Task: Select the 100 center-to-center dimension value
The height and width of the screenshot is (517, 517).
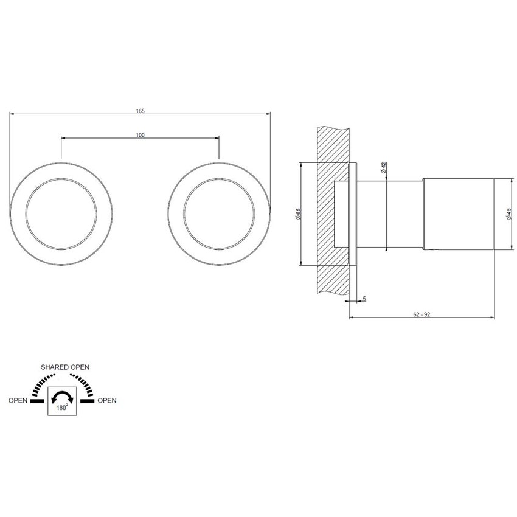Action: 141,135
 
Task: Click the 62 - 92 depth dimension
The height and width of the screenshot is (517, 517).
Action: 421,314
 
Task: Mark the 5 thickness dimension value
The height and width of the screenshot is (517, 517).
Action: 364,299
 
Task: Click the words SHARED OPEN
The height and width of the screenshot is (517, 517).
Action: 65,367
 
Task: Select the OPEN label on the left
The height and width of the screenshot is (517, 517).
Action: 18,401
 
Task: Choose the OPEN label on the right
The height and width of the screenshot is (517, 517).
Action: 107,401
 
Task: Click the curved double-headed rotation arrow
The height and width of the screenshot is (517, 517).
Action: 63,397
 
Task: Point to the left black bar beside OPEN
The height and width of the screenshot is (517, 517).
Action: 37,401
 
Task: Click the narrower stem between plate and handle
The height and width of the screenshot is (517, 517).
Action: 389,214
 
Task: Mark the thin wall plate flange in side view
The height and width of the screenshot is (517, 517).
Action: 352,214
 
